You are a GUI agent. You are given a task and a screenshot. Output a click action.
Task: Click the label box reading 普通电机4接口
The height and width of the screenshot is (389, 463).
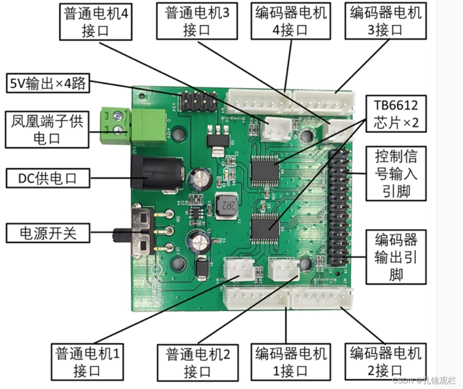pyautogui.click(x=96, y=21)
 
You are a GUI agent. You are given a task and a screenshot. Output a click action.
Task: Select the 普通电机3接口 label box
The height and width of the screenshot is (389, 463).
pyautogui.click(x=197, y=21)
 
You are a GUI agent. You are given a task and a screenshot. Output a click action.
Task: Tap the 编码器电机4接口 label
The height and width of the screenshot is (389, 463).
pyautogui.click(x=291, y=21)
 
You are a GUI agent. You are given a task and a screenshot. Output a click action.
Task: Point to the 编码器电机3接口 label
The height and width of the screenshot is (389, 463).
pyautogui.click(x=386, y=21)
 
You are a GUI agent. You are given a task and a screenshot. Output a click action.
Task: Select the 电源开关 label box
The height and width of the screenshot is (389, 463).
pyautogui.click(x=48, y=233)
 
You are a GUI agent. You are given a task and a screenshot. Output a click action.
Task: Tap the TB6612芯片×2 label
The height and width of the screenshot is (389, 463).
pyautogui.click(x=396, y=114)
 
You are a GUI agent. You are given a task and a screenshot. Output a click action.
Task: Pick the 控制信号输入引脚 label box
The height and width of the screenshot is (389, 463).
pyautogui.click(x=396, y=173)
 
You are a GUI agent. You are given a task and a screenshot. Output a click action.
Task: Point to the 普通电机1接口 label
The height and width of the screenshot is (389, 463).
pyautogui.click(x=87, y=362)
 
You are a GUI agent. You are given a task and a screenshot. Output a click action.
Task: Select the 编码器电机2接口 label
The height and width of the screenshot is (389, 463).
pyautogui.click(x=386, y=362)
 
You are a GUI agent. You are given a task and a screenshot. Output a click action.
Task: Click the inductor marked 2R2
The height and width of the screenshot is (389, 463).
pyautogui.click(x=226, y=204)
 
